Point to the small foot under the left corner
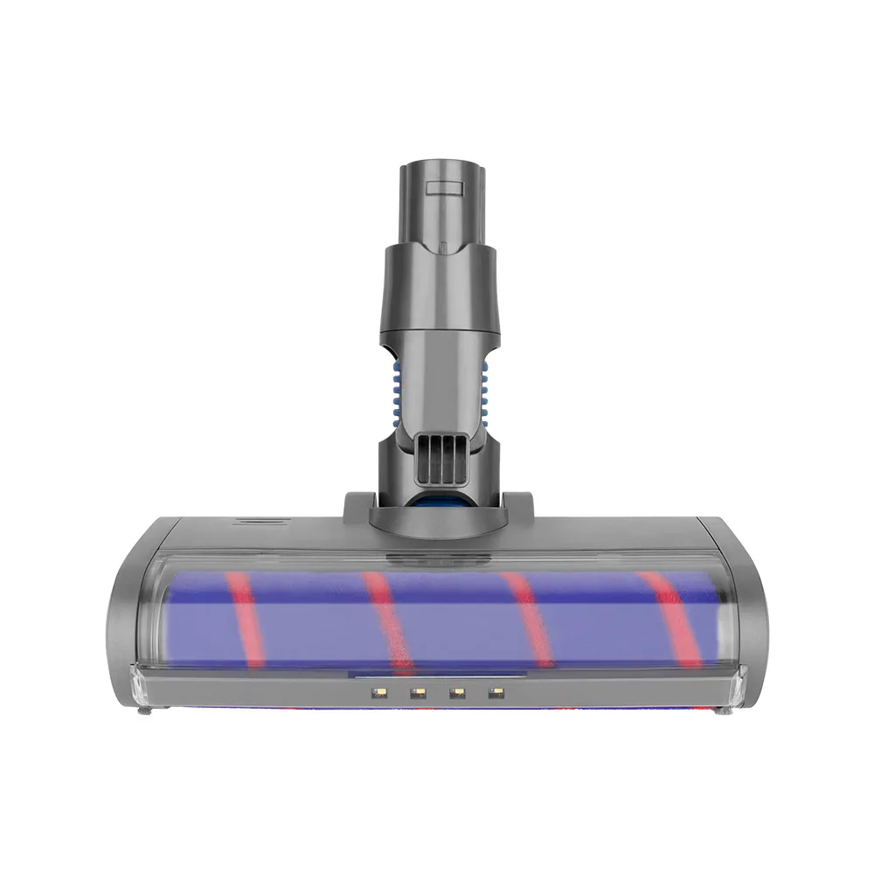tap(146, 712)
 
